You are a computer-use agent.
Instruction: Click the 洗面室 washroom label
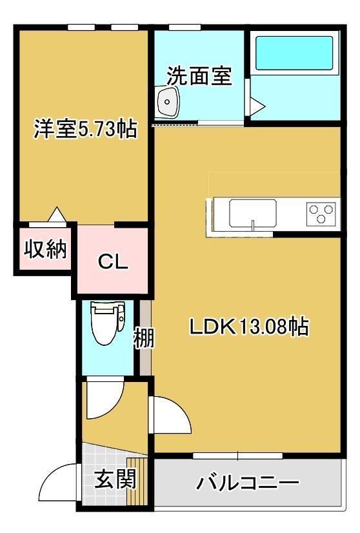tap(199, 75)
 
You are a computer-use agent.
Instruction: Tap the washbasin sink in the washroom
tap(167, 101)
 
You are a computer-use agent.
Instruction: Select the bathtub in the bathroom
tap(294, 53)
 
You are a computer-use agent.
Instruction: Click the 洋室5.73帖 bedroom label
tap(86, 129)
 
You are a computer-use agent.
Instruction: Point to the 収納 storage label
tap(45, 249)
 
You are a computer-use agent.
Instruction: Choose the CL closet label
tap(113, 261)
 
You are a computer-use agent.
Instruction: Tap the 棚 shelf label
tap(144, 338)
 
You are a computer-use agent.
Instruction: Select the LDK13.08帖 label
tap(249, 327)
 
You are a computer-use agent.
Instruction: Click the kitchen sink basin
tap(252, 213)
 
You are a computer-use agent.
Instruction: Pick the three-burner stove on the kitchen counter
tap(321, 214)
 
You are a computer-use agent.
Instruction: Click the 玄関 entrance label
tap(115, 479)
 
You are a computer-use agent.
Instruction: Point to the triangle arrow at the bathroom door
tap(257, 106)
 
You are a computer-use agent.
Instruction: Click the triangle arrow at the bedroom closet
tap(57, 214)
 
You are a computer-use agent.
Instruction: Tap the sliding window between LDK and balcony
tap(238, 456)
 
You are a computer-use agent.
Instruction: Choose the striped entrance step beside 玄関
tap(137, 481)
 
